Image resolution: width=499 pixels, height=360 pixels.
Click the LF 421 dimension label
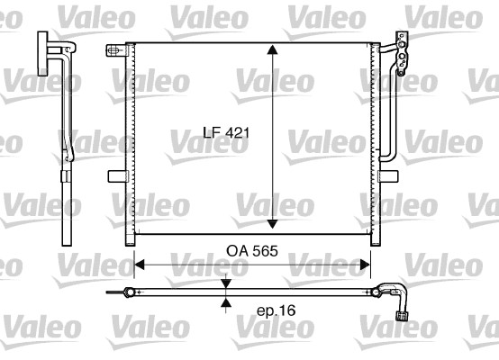225,132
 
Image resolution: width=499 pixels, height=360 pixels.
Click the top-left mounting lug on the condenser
113,51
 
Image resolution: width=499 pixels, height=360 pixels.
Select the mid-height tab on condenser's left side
115,176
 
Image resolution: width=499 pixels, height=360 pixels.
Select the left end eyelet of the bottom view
111,292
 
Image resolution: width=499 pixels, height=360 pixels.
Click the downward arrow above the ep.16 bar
226,283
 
